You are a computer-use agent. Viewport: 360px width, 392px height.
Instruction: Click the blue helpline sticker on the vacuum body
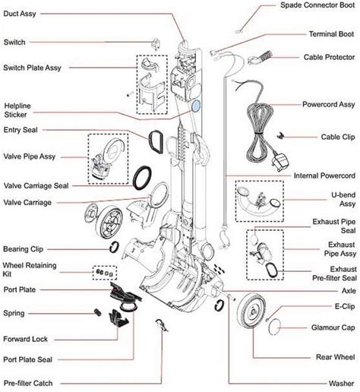[196, 106]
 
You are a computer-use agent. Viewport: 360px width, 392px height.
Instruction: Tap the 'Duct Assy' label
[20, 14]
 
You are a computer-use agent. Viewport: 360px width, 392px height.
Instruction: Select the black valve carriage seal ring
[142, 178]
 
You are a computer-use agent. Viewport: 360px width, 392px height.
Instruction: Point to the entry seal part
[156, 141]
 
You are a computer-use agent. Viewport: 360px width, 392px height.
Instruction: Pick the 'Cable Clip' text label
[338, 137]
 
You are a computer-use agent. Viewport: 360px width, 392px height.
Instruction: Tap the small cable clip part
[280, 135]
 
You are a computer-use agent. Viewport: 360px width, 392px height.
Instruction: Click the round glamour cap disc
[275, 327]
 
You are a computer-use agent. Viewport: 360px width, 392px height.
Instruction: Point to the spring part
[98, 312]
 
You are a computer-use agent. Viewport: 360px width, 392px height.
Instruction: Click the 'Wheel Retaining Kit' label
[30, 270]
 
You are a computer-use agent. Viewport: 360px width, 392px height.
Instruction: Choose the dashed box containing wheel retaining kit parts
[105, 273]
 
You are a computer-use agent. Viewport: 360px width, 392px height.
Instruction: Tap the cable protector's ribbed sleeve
[266, 55]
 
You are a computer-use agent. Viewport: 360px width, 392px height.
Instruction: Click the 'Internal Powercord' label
[324, 175]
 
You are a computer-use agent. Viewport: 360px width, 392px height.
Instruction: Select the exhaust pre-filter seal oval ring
[271, 270]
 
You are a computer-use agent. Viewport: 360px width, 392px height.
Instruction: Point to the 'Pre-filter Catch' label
[28, 383]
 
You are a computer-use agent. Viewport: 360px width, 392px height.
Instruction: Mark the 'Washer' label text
[341, 384]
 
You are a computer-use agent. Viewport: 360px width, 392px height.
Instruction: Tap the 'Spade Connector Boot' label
[317, 5]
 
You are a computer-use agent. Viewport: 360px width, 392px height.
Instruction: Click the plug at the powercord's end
[280, 161]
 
